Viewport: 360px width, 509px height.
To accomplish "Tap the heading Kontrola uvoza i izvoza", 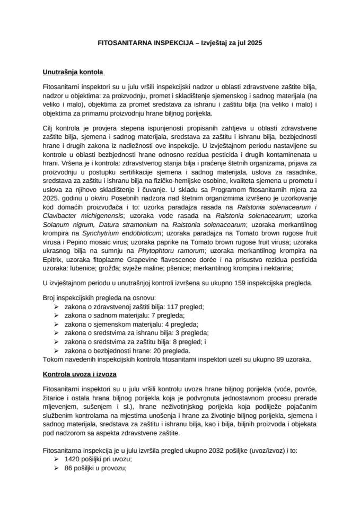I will click(x=80, y=374).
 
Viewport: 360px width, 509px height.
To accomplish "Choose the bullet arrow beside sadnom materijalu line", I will click(x=57, y=316).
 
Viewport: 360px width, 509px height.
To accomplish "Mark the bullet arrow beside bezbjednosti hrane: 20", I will click(x=57, y=350).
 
